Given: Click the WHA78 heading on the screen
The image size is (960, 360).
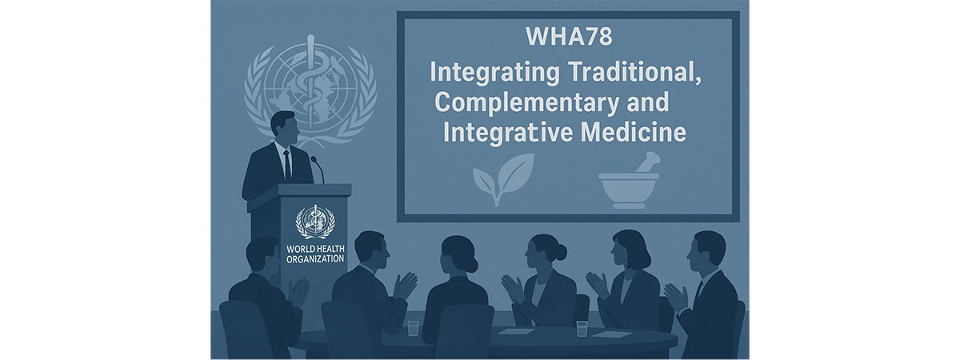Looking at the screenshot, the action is coord(569,37).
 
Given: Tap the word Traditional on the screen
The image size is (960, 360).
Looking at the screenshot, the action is coord(634,73).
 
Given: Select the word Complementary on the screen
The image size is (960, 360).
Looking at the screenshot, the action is coord(527,103).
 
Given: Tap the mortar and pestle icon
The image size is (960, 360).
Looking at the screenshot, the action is coord(629,182).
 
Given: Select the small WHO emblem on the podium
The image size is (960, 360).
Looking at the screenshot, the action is coord(315,222).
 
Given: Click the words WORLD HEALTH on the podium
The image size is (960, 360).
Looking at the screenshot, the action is coord(315,249).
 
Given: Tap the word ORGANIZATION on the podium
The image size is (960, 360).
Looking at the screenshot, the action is coord(315,259).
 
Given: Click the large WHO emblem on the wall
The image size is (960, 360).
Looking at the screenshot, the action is coord(310,89).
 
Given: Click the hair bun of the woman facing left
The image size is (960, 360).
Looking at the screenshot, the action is coord(560,252).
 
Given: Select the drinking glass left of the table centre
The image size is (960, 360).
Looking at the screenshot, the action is coord(413,328).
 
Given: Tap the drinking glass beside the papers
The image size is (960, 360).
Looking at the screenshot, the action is coord(582,328).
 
